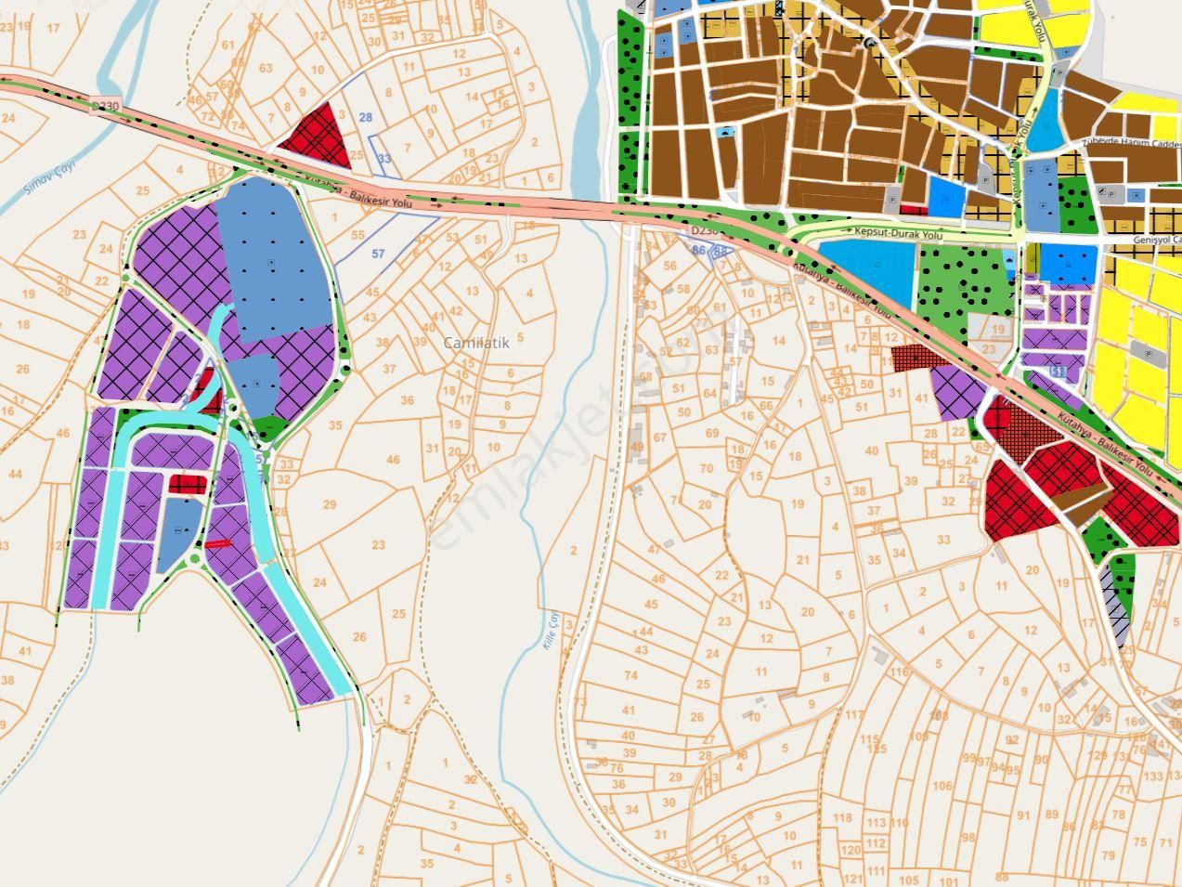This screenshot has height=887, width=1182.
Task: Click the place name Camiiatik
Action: (x=476, y=343)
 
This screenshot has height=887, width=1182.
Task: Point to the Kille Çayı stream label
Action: (x=548, y=633)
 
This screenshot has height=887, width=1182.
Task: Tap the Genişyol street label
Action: (x=1157, y=239)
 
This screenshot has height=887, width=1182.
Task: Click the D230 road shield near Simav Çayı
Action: (x=106, y=107)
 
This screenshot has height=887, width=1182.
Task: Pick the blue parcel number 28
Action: (x=366, y=117)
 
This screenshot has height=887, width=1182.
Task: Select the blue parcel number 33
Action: (x=384, y=159)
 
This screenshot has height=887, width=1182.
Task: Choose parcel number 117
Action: (x=854, y=714)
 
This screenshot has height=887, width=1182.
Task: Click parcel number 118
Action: (x=842, y=817)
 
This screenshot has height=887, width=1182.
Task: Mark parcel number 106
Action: (x=942, y=787)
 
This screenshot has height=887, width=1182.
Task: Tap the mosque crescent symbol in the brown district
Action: (x=870, y=42)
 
